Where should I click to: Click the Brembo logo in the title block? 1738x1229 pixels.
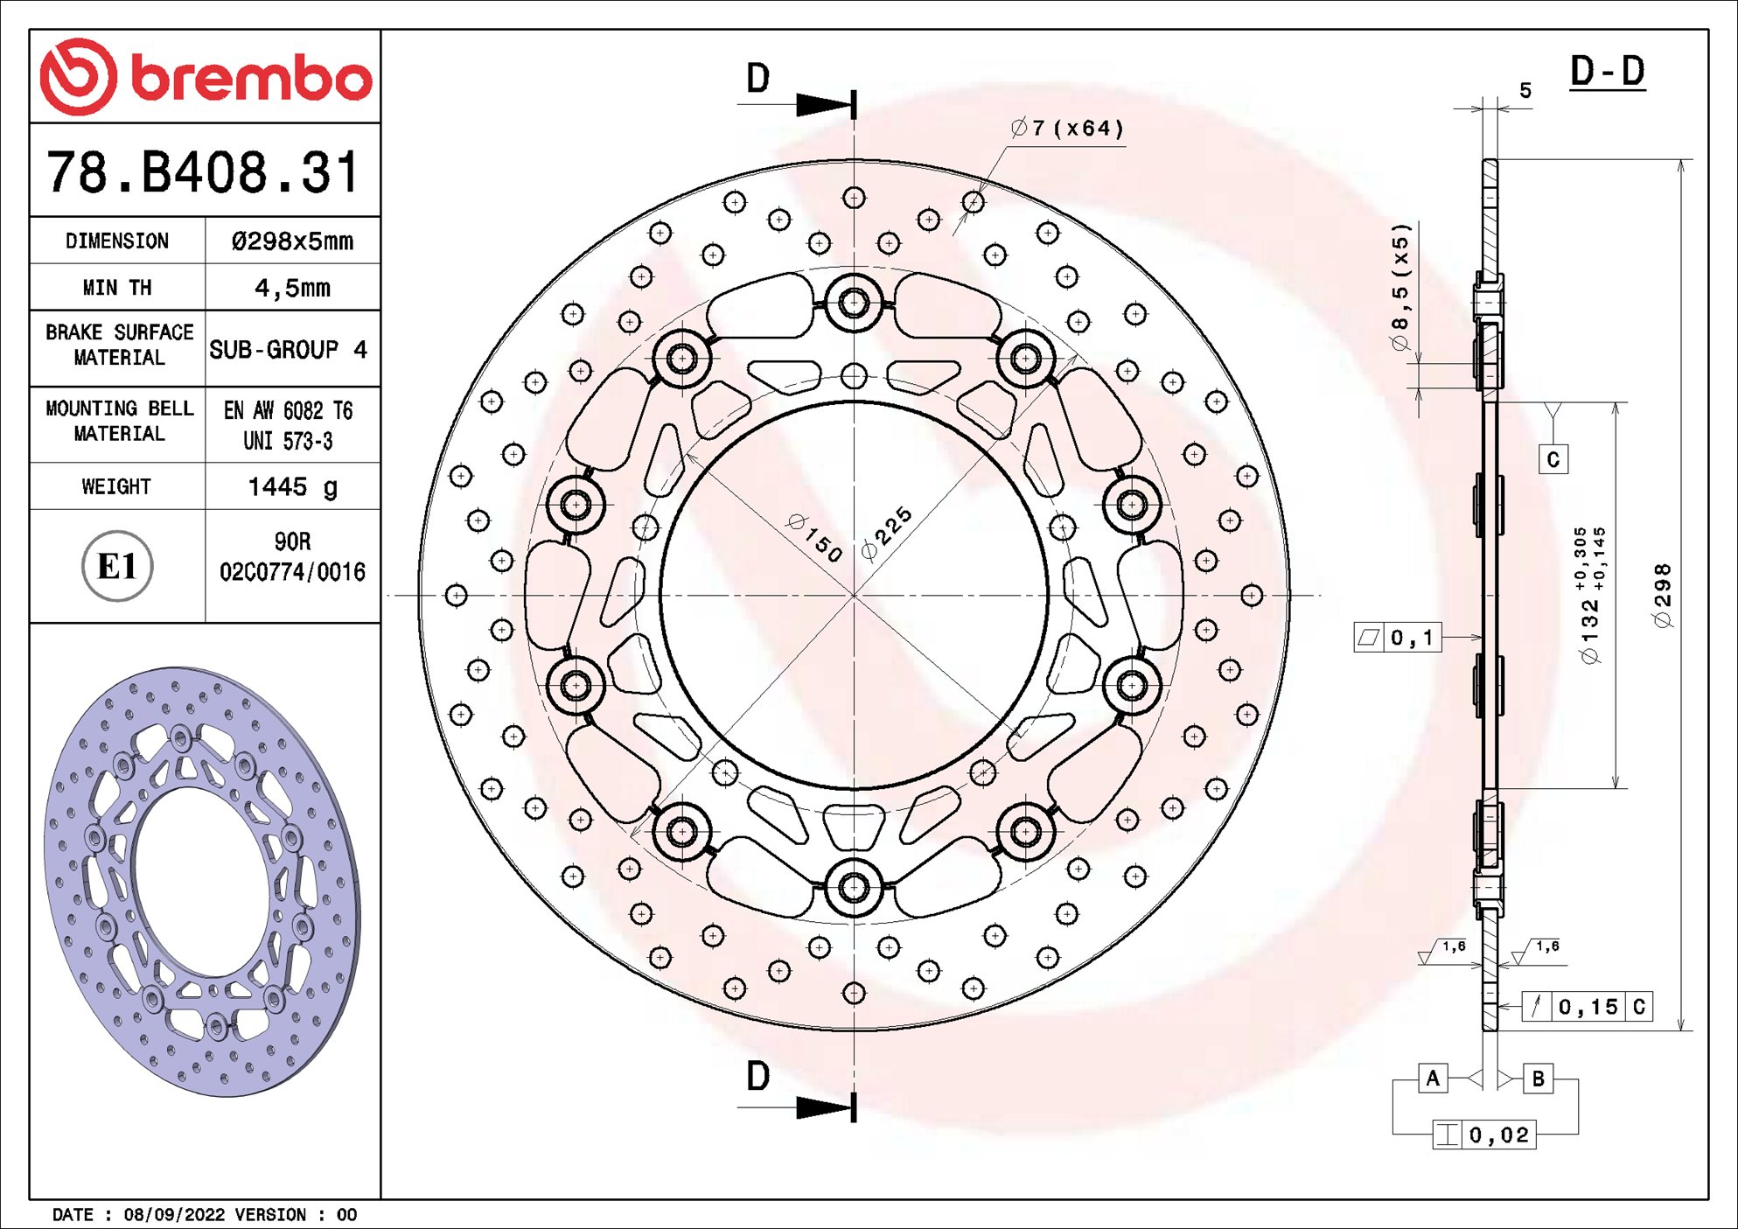pyautogui.click(x=206, y=77)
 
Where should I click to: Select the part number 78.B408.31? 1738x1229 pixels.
pyautogui.click(x=203, y=171)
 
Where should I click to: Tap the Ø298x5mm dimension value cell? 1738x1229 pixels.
pyautogui.click(x=292, y=241)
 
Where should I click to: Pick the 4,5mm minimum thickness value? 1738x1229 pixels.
pyautogui.click(x=292, y=288)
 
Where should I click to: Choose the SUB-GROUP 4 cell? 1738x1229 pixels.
pyautogui.click(x=288, y=350)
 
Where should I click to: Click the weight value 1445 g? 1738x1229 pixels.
pyautogui.click(x=292, y=486)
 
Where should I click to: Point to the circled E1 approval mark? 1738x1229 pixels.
pyautogui.click(x=117, y=566)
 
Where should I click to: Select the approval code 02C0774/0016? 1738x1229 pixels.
pyautogui.click(x=292, y=572)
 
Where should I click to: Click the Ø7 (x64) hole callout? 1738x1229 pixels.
pyautogui.click(x=1067, y=129)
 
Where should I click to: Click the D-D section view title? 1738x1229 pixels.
pyautogui.click(x=1607, y=72)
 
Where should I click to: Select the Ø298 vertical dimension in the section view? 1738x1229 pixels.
pyautogui.click(x=1663, y=595)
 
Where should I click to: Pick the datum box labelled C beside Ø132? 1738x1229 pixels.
pyautogui.click(x=1553, y=460)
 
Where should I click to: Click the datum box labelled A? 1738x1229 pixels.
pyautogui.click(x=1433, y=1078)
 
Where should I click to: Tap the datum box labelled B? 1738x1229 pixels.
pyautogui.click(x=1538, y=1079)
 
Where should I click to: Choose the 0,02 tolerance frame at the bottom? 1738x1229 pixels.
pyautogui.click(x=1484, y=1135)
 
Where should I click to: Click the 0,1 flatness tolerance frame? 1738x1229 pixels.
pyautogui.click(x=1397, y=638)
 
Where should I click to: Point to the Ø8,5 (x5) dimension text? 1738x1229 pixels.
pyautogui.click(x=1401, y=287)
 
